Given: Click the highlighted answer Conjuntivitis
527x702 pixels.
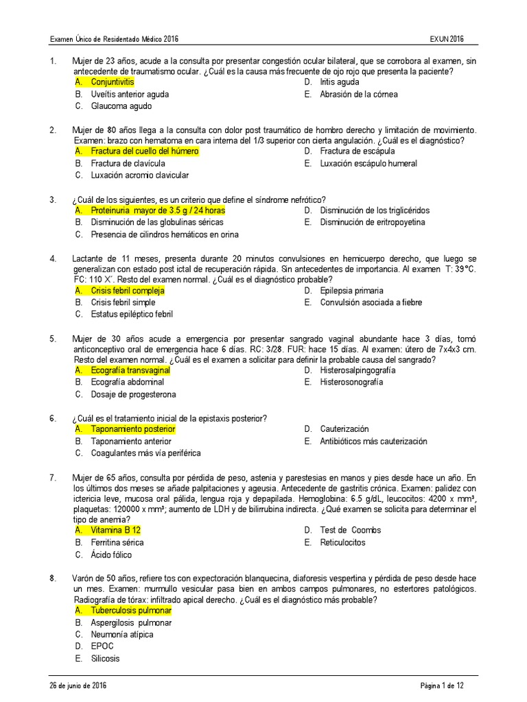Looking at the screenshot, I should [113, 82].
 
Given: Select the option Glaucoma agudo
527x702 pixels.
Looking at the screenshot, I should [121, 106].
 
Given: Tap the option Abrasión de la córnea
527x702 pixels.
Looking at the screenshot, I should [358, 94].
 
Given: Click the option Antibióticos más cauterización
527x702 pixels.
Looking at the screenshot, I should [373, 441].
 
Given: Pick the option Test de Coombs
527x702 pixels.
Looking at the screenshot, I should [350, 530].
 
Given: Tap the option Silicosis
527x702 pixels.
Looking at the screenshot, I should [105, 659].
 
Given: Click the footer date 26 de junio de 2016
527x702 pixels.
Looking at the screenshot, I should [78, 686].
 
